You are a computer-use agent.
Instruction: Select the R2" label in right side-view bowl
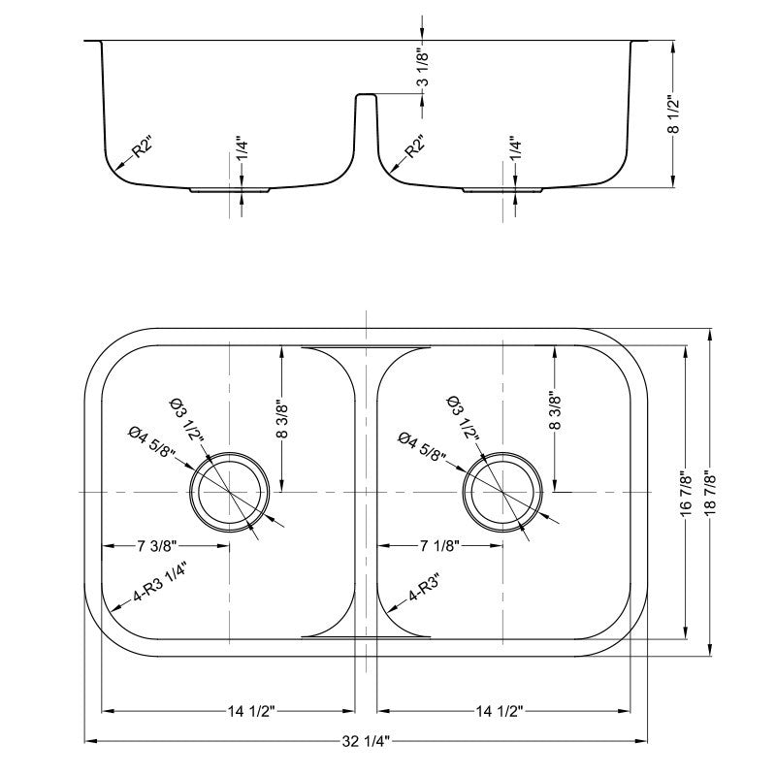coord(415,148)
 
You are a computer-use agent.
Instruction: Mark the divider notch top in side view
coord(366,95)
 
